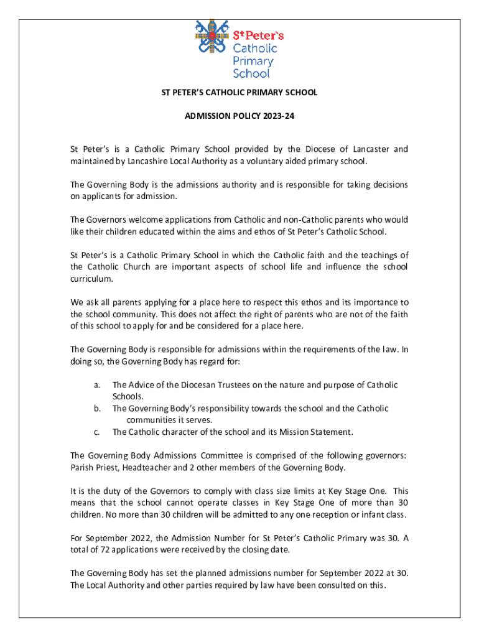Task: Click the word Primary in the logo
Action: (253, 61)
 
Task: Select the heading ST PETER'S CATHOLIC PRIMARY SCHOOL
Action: (240, 92)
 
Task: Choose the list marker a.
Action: (98, 385)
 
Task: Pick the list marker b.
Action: (98, 409)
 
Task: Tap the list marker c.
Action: (98, 432)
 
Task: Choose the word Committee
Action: (221, 455)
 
